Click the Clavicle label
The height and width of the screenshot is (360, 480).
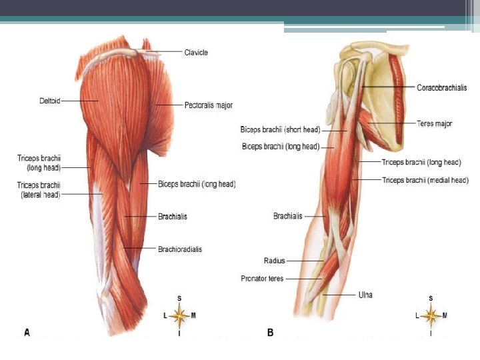click(196, 52)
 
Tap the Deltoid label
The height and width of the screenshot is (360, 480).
click(49, 101)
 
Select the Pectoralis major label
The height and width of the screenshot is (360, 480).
click(208, 105)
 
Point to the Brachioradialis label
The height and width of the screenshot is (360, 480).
click(179, 249)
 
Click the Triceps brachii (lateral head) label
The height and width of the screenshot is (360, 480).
click(39, 190)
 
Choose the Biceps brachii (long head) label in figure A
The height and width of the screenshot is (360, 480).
click(197, 184)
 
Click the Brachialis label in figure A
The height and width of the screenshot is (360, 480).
click(173, 217)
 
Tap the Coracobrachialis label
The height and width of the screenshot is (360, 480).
click(441, 87)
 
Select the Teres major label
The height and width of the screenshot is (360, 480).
click(434, 123)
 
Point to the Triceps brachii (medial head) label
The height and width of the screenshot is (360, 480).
click(425, 180)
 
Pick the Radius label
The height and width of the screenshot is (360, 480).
click(275, 261)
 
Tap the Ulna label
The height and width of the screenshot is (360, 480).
click(365, 295)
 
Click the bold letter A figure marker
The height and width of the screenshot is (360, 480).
click(27, 331)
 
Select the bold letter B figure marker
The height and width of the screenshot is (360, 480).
click(270, 331)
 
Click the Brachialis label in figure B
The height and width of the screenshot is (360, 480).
click(288, 216)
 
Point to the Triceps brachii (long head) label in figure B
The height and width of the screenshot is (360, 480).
click(421, 162)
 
